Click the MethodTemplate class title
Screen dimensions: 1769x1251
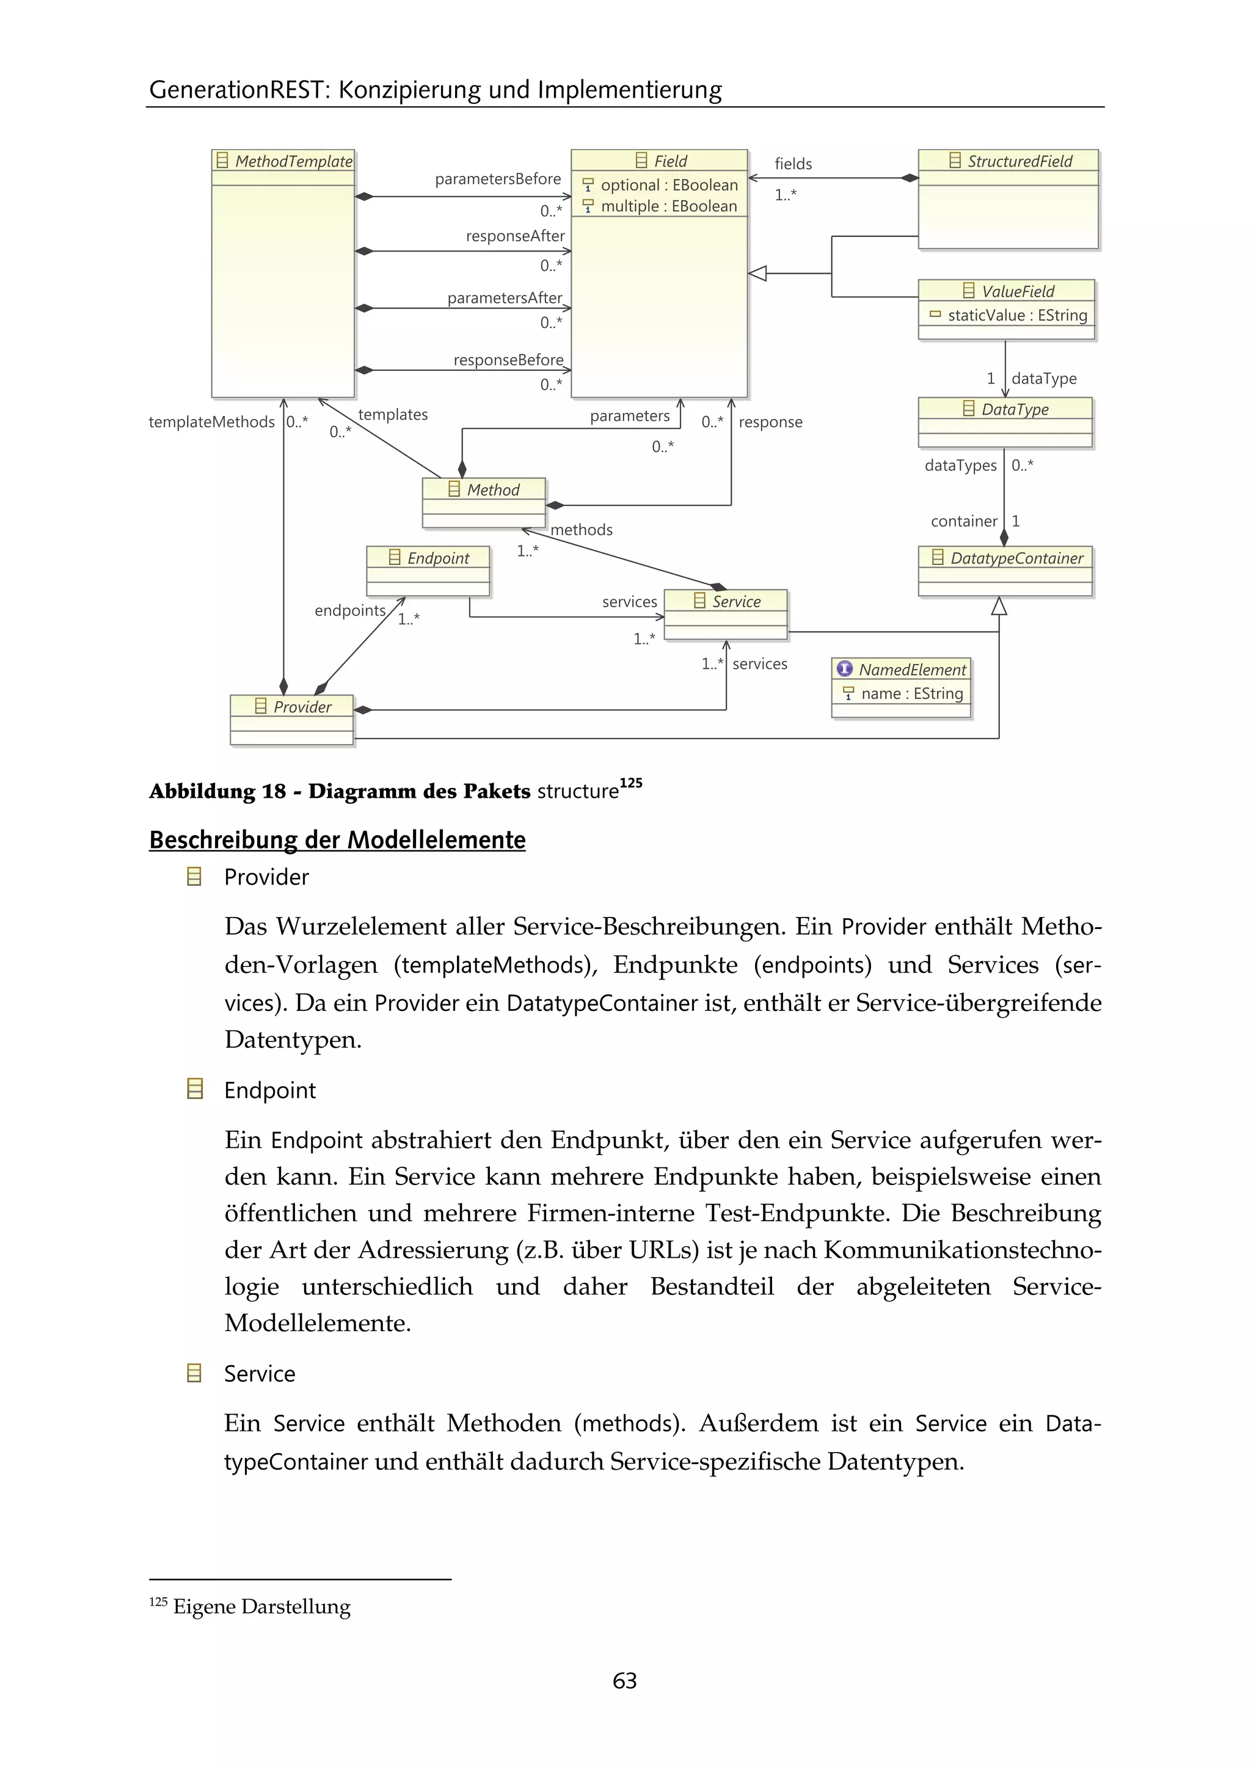[293, 161]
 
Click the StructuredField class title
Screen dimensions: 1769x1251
[1019, 161]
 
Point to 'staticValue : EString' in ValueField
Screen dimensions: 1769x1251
[1017, 315]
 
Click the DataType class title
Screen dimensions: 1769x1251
[1015, 409]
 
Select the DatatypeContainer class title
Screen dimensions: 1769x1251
[1016, 558]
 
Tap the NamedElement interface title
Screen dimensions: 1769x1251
[911, 669]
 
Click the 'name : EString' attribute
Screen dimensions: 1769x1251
[911, 693]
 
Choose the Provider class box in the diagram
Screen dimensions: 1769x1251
[292, 720]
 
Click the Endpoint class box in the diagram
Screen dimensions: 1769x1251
[428, 571]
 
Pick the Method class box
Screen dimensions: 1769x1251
[484, 502]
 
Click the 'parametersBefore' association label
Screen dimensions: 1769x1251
[498, 179]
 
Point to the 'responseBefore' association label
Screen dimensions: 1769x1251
[508, 360]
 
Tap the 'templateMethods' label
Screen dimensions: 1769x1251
[211, 422]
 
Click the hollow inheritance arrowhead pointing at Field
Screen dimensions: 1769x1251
[758, 273]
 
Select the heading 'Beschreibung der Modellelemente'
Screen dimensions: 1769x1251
[337, 839]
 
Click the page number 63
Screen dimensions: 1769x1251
[625, 1680]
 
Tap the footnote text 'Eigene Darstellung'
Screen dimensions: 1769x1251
[262, 1607]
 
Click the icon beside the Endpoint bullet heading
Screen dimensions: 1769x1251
[195, 1089]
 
